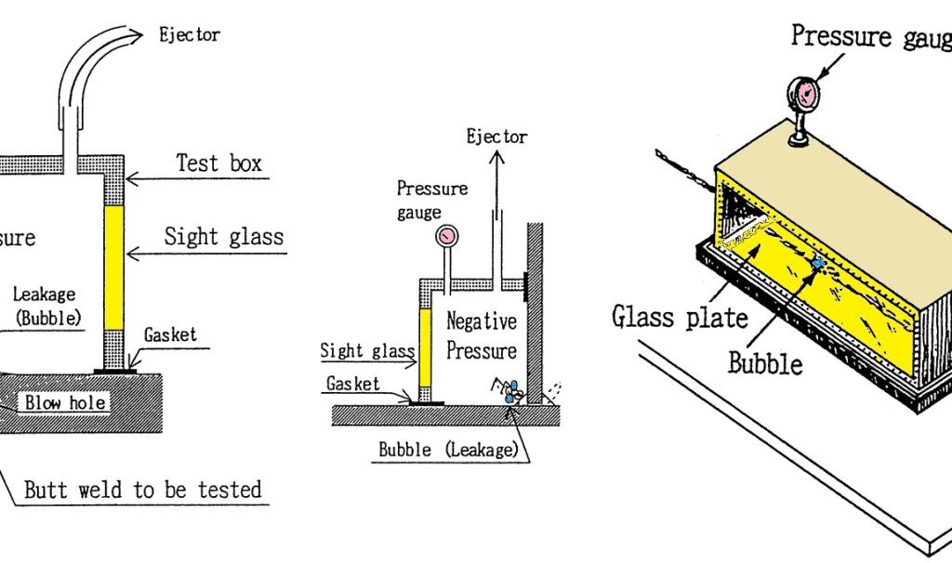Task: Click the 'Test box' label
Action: point(218,164)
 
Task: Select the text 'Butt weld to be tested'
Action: point(142,490)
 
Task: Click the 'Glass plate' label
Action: point(680,318)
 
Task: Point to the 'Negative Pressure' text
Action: point(481,336)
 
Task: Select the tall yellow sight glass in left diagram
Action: point(114,268)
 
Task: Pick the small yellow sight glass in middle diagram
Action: point(427,349)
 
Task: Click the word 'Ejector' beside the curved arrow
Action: point(190,36)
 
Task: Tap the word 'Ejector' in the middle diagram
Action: point(496,137)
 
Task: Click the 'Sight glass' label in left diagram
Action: point(223,236)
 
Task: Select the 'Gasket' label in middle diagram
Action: point(353,384)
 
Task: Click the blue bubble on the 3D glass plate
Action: point(818,265)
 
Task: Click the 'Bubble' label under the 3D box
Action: point(764,363)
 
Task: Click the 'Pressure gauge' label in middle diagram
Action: point(432,200)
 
